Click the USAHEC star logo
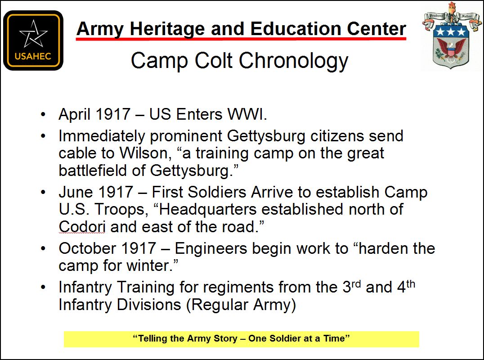tap(33, 40)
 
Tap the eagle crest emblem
tap(451, 36)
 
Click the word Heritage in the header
tap(167, 29)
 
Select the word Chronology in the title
tap(293, 61)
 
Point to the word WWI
tap(247, 114)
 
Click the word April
tap(75, 115)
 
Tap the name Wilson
tap(145, 153)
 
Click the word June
tap(76, 192)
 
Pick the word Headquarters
tap(207, 210)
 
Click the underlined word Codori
tap(82, 227)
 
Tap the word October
tap(88, 248)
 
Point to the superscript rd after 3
tap(356, 284)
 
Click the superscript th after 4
tap(411, 284)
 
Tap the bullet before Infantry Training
tap(43, 288)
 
